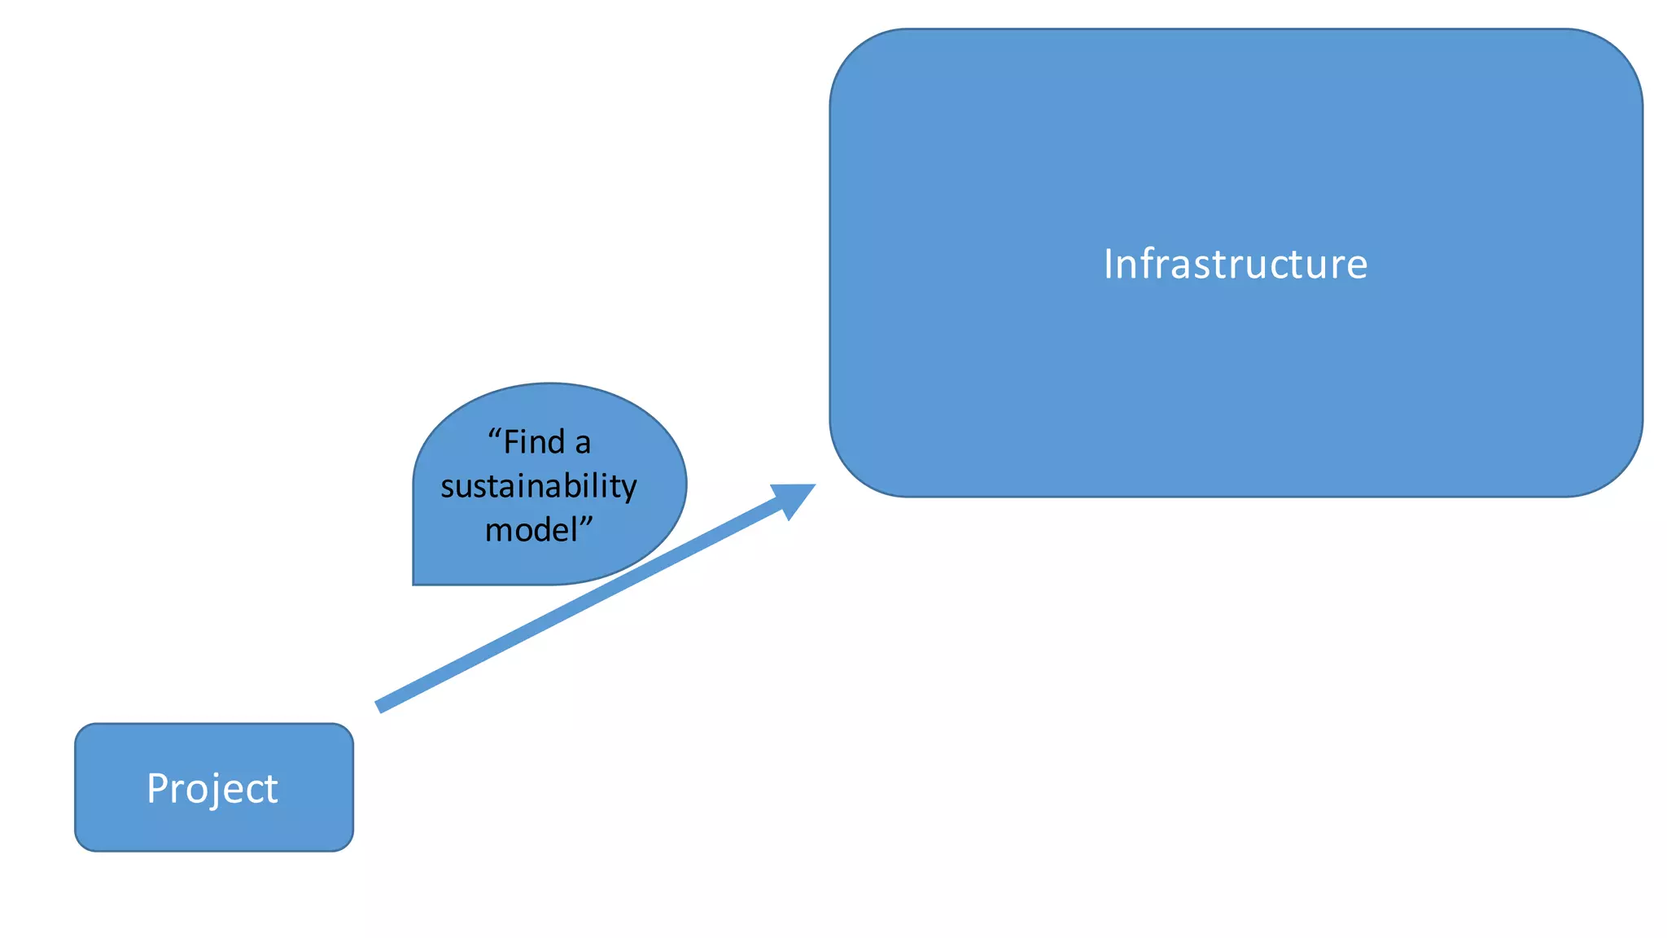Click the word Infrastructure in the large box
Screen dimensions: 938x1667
1235,265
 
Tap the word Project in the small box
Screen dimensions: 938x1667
212,788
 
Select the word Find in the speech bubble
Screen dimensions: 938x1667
535,442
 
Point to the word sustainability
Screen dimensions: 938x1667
538,487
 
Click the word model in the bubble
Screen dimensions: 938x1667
531,530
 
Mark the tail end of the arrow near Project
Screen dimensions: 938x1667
380,706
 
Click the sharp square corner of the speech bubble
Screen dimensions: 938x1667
414,583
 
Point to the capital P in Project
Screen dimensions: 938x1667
157,788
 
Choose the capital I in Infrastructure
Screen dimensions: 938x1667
1109,265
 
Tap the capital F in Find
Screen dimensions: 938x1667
511,442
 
